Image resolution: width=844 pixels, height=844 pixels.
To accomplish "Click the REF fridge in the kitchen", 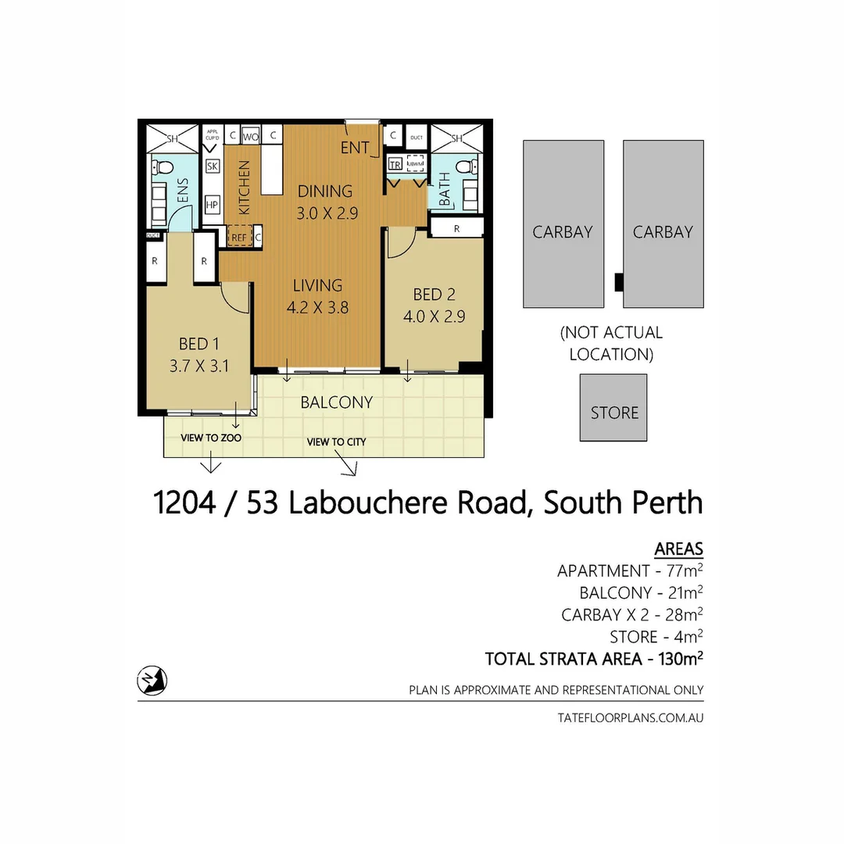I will (238, 236).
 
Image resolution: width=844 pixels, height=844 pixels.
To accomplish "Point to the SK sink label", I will (212, 166).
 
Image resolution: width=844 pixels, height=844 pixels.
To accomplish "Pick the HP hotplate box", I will (212, 205).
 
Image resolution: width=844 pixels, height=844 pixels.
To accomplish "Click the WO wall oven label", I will (250, 136).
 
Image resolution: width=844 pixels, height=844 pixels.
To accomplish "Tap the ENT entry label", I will (355, 148).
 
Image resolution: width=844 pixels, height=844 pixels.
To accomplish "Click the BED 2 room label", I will (434, 295).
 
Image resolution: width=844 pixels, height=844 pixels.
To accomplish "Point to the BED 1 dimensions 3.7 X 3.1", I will (198, 365).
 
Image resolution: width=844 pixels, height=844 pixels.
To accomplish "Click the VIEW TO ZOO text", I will (211, 438).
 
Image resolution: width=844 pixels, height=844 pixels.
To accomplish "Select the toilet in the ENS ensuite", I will (161, 167).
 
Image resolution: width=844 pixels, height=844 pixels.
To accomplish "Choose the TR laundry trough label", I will (395, 165).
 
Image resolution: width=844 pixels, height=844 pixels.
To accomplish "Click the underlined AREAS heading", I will (678, 549).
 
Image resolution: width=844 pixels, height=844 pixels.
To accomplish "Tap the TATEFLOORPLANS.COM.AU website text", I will (631, 717).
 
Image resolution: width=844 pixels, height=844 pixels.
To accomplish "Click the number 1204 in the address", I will (185, 503).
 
